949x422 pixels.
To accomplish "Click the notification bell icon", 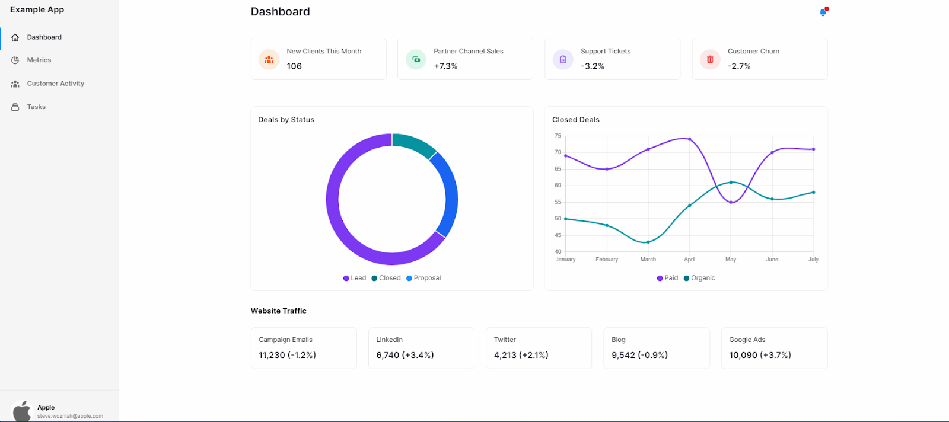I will click(x=823, y=12).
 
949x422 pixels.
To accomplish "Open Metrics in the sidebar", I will click(x=39, y=60).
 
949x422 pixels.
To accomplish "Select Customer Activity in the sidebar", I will click(x=55, y=84).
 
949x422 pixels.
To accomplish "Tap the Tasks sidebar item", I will click(x=36, y=107).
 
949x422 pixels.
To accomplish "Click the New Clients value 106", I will click(x=294, y=66).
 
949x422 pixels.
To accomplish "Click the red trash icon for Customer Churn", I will click(x=710, y=59).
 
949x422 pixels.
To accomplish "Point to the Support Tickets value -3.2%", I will click(x=593, y=66).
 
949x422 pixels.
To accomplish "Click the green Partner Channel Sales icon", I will click(x=416, y=59).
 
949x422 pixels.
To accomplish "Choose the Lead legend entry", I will click(x=355, y=278).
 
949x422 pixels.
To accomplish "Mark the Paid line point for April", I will click(x=689, y=139).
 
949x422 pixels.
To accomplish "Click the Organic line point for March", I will click(x=648, y=242).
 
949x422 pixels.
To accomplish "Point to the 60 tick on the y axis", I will click(x=558, y=186).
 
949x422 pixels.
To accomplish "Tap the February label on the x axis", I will click(x=607, y=260).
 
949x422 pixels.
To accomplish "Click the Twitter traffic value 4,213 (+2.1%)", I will click(x=521, y=355).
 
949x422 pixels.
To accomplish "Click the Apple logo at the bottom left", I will click(x=22, y=411).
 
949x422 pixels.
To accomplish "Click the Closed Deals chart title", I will click(x=575, y=120).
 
